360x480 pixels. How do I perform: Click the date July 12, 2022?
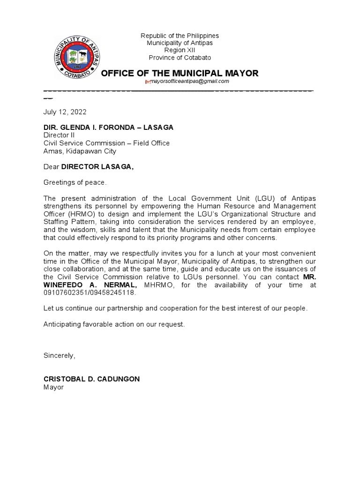(x=65, y=112)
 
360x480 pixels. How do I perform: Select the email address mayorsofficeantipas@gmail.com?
(x=189, y=81)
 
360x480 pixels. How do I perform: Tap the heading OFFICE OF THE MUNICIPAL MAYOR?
(x=180, y=73)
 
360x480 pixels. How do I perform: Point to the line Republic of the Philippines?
(x=180, y=36)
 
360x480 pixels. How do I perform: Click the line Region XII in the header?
(x=180, y=50)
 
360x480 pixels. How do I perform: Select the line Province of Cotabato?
(x=180, y=58)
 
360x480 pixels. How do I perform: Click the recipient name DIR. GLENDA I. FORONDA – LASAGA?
(x=108, y=127)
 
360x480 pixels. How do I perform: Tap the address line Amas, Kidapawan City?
(x=80, y=151)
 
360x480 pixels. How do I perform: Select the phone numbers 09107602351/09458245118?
(x=89, y=292)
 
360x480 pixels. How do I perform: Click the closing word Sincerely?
(x=59, y=355)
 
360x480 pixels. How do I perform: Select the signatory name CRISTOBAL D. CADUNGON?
(x=91, y=379)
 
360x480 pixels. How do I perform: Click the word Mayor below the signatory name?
(x=53, y=387)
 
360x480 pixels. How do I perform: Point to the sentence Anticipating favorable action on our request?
(x=114, y=324)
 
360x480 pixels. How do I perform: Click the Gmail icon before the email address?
(x=148, y=82)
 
